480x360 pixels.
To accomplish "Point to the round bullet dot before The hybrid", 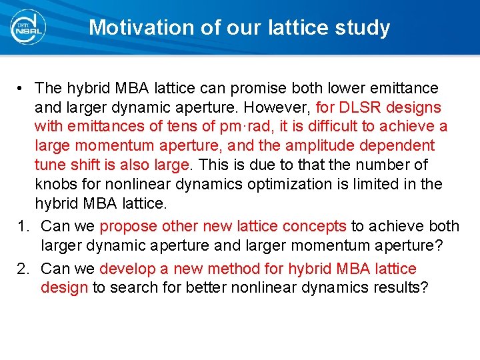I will tap(22, 88).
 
